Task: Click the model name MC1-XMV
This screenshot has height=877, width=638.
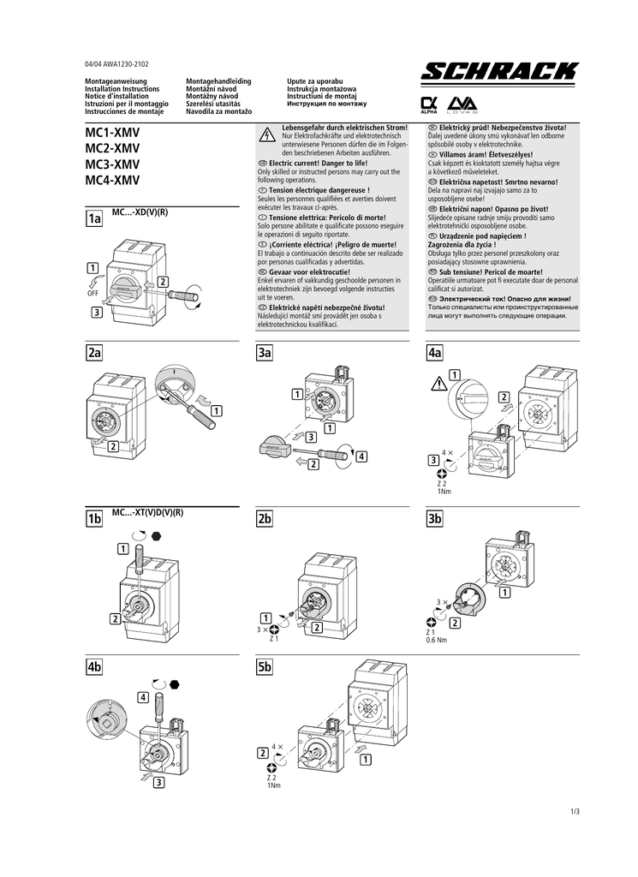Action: [112, 134]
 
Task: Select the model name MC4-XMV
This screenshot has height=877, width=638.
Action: [112, 181]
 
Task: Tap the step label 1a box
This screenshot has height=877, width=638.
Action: [93, 220]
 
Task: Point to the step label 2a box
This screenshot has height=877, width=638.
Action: [93, 352]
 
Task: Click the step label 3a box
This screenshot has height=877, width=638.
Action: [264, 352]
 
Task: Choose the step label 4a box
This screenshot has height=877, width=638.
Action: [434, 352]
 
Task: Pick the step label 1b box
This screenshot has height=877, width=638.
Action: [93, 520]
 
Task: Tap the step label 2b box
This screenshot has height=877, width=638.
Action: [264, 520]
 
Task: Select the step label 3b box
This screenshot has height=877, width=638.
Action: [434, 520]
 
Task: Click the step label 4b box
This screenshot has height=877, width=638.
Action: [93, 666]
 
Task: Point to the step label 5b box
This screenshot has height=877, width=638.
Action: [264, 666]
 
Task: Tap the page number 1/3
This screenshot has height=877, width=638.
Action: [574, 811]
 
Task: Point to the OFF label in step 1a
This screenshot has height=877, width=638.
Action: [93, 293]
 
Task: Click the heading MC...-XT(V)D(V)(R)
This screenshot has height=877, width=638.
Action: [148, 512]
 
